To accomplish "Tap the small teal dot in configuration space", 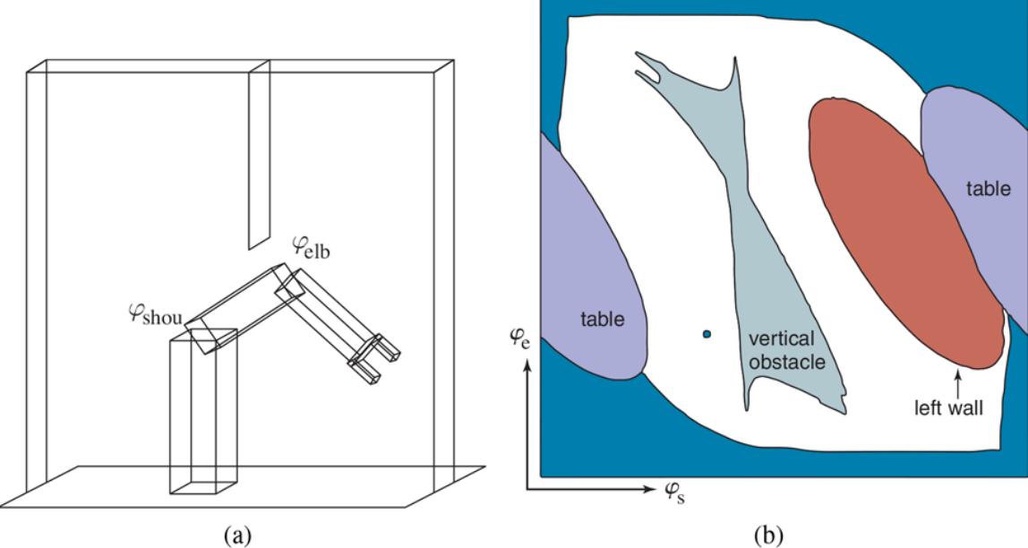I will pos(707,334).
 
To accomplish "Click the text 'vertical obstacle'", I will pos(782,350).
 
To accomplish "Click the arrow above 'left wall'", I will pos(958,382).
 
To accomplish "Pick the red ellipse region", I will pos(904,233).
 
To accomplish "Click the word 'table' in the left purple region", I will pos(602,319).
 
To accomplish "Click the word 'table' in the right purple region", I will pos(989,189).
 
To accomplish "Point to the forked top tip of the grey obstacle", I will pos(649,68).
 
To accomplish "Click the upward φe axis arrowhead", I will pos(528,364).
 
